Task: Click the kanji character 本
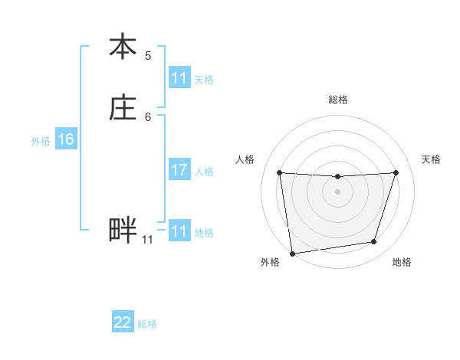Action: pos(123,47)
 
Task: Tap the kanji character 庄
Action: pos(123,109)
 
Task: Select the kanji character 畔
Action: pos(123,231)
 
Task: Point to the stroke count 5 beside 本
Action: pos(148,56)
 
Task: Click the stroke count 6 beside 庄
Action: pos(148,117)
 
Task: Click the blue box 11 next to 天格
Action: pos(179,78)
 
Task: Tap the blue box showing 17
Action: pos(179,170)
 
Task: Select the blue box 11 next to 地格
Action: pos(179,231)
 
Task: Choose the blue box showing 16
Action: pos(66,139)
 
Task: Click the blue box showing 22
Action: pos(123,322)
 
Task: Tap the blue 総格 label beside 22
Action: pos(147,324)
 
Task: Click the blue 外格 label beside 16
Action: pos(41,141)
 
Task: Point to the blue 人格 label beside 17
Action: pos(204,172)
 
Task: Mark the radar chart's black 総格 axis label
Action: pos(338,100)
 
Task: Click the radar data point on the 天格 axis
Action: pos(396,172)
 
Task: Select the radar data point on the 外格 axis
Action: pos(292,253)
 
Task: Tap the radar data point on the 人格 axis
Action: pos(279,172)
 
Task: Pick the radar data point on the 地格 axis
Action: pos(374,242)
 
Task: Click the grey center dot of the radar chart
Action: pos(338,191)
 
